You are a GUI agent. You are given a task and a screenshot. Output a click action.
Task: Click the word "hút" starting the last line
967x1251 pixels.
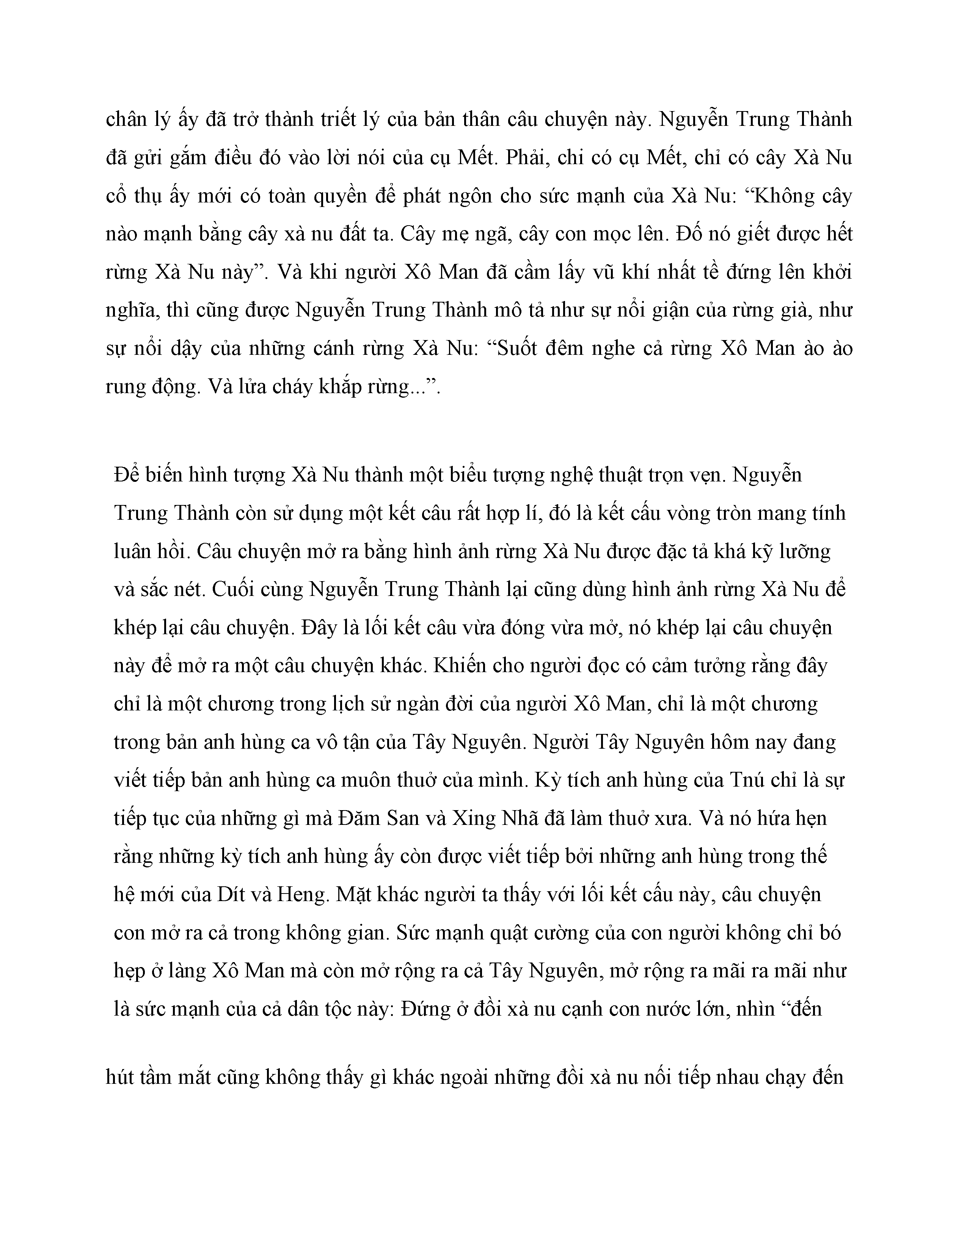(122, 1077)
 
